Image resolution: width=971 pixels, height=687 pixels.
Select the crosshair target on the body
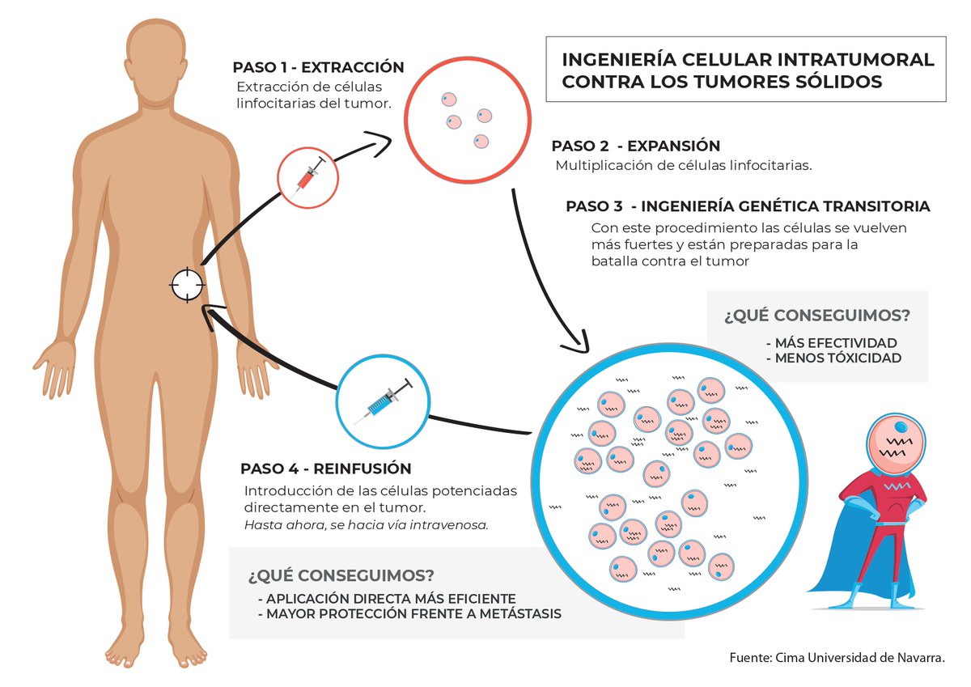click(x=187, y=285)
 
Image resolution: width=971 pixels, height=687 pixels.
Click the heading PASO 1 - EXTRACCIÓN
click(x=317, y=67)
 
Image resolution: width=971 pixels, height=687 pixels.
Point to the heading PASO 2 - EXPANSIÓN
click(x=635, y=146)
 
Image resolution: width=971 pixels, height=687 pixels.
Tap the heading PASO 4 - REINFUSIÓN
click(x=325, y=469)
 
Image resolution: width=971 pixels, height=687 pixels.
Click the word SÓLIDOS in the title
click(x=841, y=82)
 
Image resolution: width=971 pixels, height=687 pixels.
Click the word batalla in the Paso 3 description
click(x=616, y=261)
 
